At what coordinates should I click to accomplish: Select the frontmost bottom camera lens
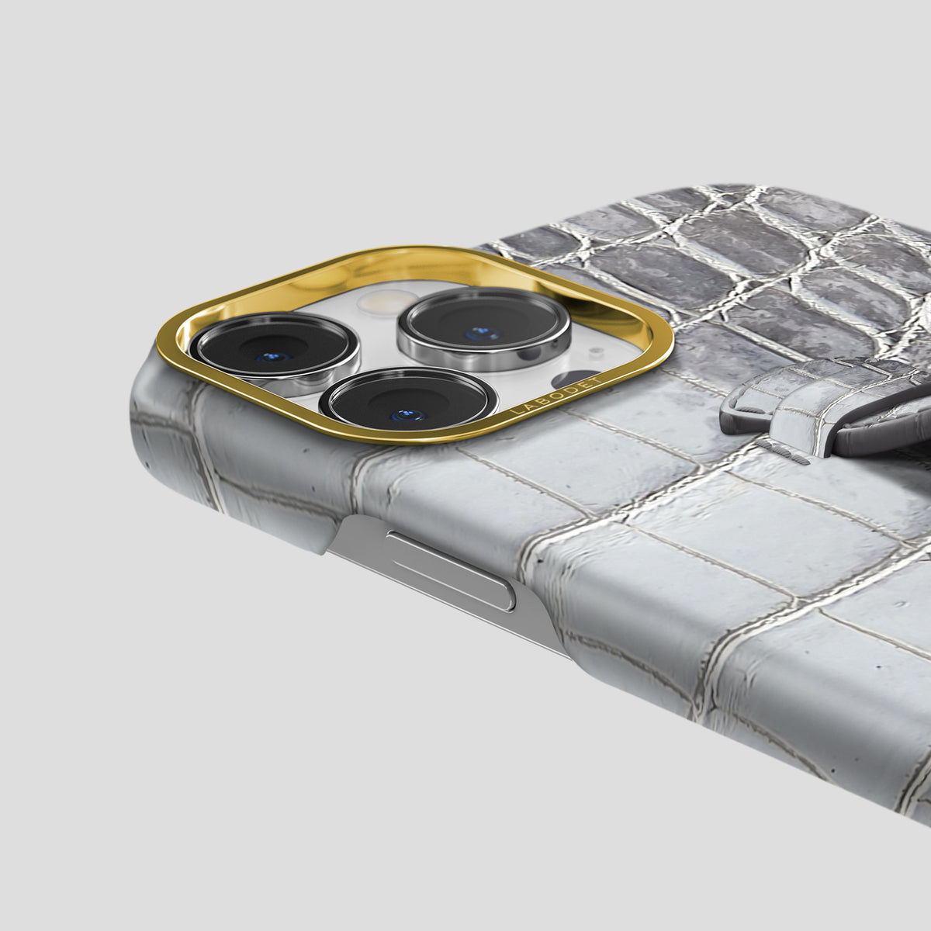(x=409, y=400)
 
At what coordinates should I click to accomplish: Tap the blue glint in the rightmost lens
(x=482, y=332)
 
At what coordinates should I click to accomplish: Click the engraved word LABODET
(x=557, y=395)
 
